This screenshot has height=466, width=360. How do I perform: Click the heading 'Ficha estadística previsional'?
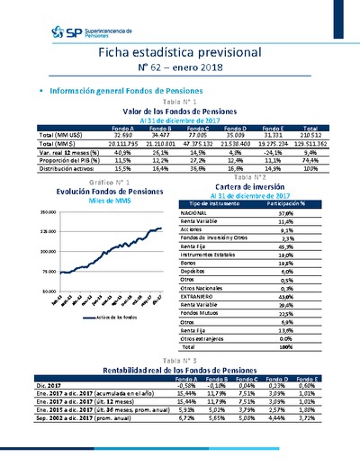click(x=179, y=52)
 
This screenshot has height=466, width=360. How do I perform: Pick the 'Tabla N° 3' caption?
click(x=178, y=360)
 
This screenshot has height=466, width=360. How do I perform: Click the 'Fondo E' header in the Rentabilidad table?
click(x=307, y=379)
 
